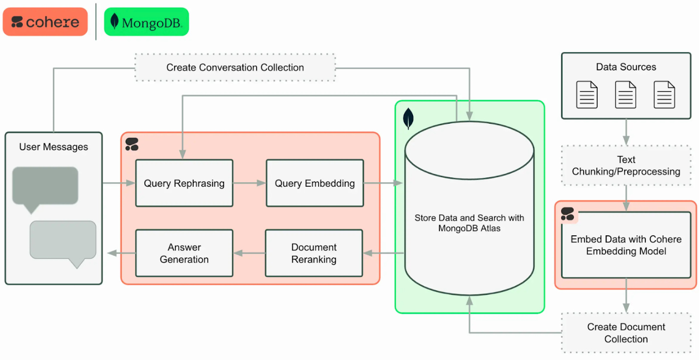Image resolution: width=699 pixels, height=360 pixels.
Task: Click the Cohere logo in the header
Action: pos(45,22)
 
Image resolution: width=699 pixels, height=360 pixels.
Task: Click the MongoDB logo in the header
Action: pos(146,22)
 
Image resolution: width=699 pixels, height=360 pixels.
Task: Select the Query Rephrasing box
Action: pos(184,183)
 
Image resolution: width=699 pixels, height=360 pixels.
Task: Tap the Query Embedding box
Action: pos(315,183)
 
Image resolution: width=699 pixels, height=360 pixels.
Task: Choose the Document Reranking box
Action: pos(314,253)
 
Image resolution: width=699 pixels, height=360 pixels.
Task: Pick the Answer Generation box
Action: pos(184,253)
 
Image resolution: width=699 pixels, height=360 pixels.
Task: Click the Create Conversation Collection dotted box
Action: pos(235,67)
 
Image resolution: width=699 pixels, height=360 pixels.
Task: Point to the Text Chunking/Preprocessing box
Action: pos(626,165)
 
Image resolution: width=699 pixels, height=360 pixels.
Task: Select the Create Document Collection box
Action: pos(626,333)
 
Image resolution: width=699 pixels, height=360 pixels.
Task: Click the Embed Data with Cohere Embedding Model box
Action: pos(626,245)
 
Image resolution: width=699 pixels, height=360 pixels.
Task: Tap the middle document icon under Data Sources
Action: pos(625,94)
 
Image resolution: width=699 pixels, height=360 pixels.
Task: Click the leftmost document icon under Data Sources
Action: pos(587,94)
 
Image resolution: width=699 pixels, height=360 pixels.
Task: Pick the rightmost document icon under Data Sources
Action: pos(664,94)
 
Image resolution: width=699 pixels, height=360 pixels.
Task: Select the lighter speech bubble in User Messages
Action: pos(63,241)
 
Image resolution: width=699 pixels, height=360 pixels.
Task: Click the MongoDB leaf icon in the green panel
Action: pos(408,119)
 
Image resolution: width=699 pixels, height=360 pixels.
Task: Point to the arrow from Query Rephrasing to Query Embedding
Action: pos(249,183)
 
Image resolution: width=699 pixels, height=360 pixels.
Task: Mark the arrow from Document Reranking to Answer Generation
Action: pos(249,253)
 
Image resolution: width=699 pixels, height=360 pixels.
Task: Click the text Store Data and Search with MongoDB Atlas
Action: pos(469,223)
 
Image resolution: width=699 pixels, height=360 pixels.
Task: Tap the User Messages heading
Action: pos(54,147)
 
